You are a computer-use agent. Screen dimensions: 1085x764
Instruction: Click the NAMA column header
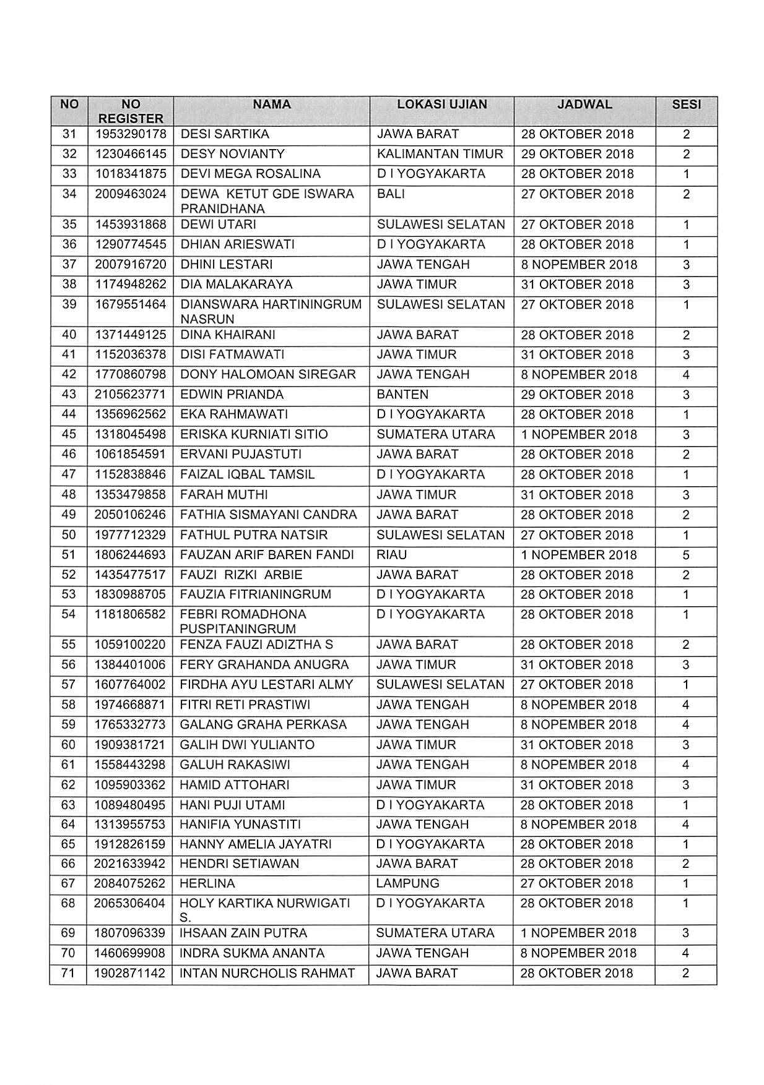(271, 105)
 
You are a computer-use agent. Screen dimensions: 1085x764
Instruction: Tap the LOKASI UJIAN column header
(441, 105)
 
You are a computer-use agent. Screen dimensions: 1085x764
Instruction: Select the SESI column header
(686, 105)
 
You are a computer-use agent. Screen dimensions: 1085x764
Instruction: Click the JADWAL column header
(584, 105)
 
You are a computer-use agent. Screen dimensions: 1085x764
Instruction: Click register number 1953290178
(131, 134)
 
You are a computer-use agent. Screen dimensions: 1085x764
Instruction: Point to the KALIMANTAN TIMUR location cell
(440, 154)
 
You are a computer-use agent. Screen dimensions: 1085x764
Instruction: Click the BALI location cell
(391, 194)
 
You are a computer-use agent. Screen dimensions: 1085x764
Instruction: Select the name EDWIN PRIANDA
(232, 395)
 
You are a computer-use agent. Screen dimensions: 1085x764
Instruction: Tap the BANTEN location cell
(402, 395)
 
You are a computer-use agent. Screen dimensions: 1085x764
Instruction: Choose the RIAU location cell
(391, 555)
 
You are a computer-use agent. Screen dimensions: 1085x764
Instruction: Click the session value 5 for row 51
(686, 555)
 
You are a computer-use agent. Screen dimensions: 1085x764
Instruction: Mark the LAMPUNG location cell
(407, 883)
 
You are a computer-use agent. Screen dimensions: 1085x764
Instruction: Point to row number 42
(69, 375)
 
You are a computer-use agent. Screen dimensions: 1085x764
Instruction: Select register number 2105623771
(131, 395)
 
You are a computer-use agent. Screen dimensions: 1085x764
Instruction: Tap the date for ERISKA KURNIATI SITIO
(579, 434)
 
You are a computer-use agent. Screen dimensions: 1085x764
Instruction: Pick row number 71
(68, 973)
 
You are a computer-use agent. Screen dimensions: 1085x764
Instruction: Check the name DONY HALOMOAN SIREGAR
(267, 375)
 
